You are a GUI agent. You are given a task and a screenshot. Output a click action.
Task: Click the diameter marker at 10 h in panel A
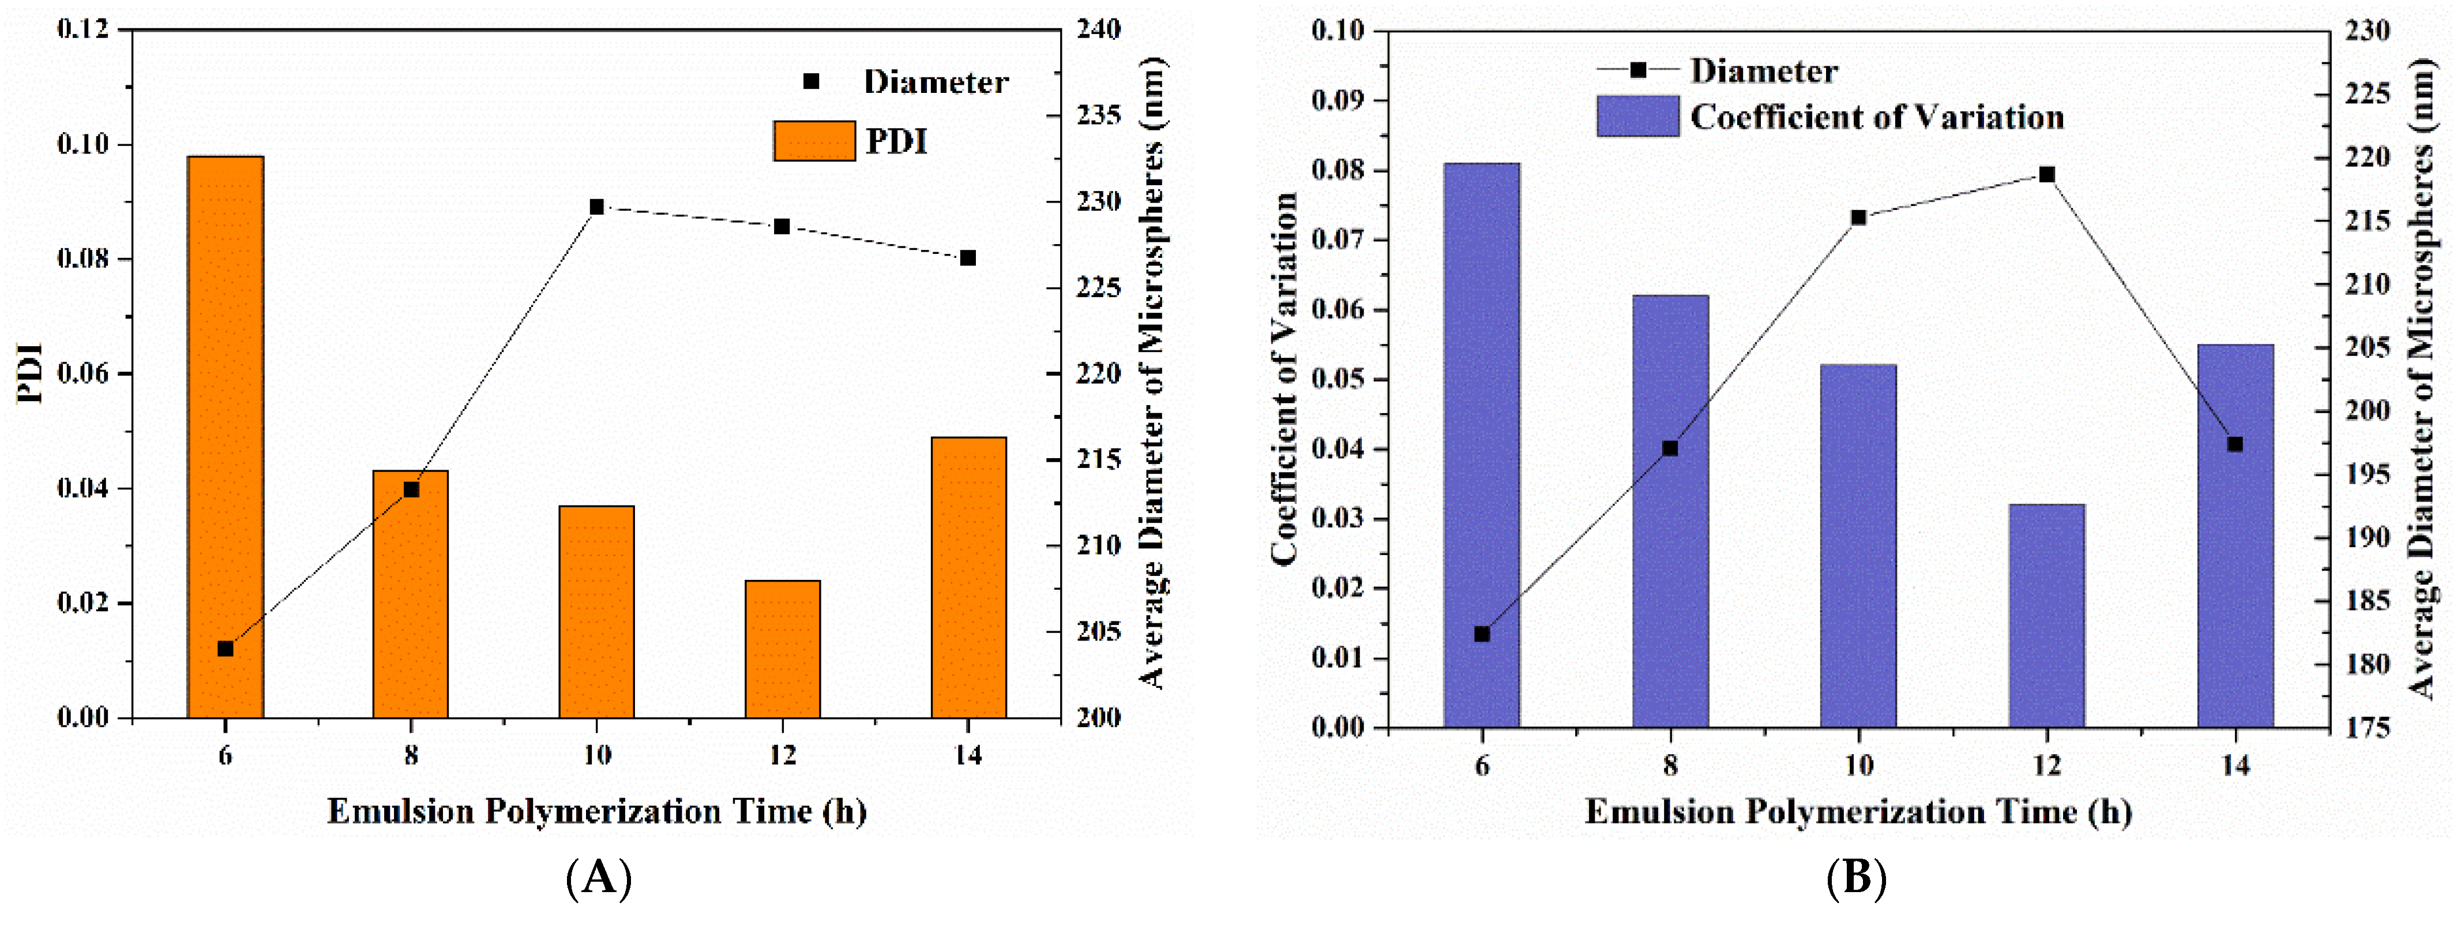point(597,207)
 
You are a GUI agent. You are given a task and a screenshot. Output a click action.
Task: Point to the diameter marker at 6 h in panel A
point(225,649)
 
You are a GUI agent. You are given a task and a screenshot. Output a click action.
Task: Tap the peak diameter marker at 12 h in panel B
point(2046,174)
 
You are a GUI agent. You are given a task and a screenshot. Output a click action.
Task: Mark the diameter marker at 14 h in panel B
point(2235,444)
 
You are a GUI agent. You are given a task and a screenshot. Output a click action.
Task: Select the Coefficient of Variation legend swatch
point(1637,116)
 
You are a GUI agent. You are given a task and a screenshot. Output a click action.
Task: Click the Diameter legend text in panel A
point(935,82)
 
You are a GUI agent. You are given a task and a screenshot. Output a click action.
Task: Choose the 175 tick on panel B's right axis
point(2366,728)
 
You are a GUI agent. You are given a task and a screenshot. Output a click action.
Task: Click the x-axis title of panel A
point(596,812)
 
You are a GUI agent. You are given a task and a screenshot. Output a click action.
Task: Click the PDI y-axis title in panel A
point(31,373)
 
